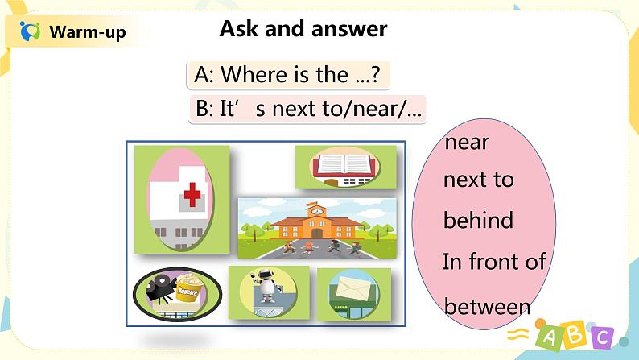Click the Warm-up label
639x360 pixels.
click(88, 31)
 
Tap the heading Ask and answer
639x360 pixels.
click(303, 29)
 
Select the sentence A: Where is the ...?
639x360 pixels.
click(287, 75)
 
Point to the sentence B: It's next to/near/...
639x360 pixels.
click(308, 109)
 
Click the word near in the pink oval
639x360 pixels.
click(467, 143)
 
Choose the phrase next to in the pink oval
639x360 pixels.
click(478, 180)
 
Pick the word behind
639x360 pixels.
click(478, 220)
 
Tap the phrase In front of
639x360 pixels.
click(494, 261)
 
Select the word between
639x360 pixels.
click(487, 306)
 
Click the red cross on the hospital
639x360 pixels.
click(192, 195)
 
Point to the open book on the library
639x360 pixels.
click(344, 164)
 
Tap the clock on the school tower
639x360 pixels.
click(317, 211)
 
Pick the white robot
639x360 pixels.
click(267, 285)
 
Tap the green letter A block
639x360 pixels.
click(550, 337)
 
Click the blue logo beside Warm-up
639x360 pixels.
click(30, 31)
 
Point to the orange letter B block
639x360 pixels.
click(576, 333)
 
